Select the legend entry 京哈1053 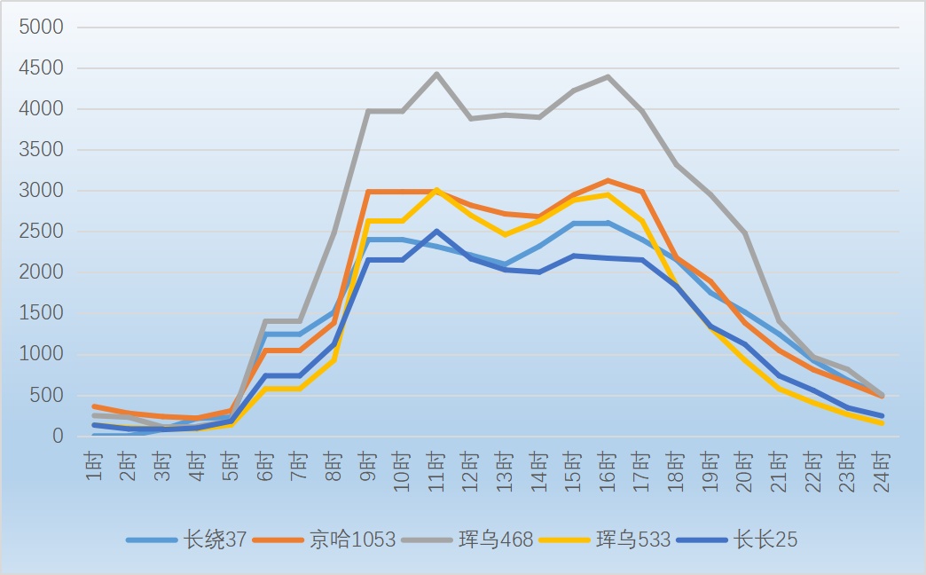pos(325,540)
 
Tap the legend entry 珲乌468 pos(467,540)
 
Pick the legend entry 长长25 pos(737,540)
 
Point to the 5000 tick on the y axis pos(41,27)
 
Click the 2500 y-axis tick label pos(41,231)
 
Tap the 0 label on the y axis pos(58,436)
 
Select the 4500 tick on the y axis pos(41,68)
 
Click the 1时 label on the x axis pos(95,466)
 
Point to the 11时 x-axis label pos(436,471)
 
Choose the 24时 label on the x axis pos(881,471)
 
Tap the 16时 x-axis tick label pos(607,471)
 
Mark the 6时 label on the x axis pos(265,466)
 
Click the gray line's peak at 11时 pos(436,74)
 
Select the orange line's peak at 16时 pos(608,180)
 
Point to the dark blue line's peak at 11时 pos(436,231)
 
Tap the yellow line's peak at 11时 pos(436,190)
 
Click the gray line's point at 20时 pos(745,232)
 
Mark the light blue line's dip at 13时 pos(505,264)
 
